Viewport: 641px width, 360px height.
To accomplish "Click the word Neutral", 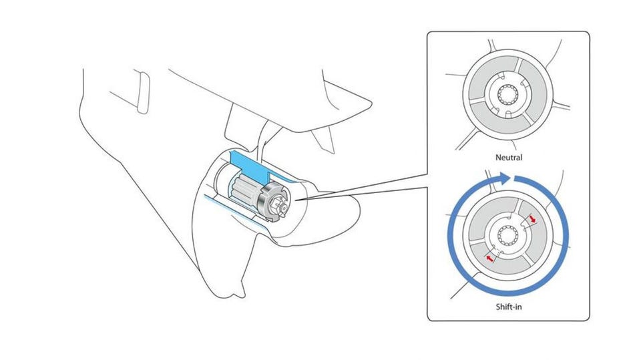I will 509,158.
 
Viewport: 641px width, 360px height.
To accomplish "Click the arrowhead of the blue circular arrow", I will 505,177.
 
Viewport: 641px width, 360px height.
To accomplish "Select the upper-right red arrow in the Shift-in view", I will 533,218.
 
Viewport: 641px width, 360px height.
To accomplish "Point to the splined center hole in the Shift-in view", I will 509,234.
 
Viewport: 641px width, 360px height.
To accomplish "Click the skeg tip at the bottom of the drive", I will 235,295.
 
